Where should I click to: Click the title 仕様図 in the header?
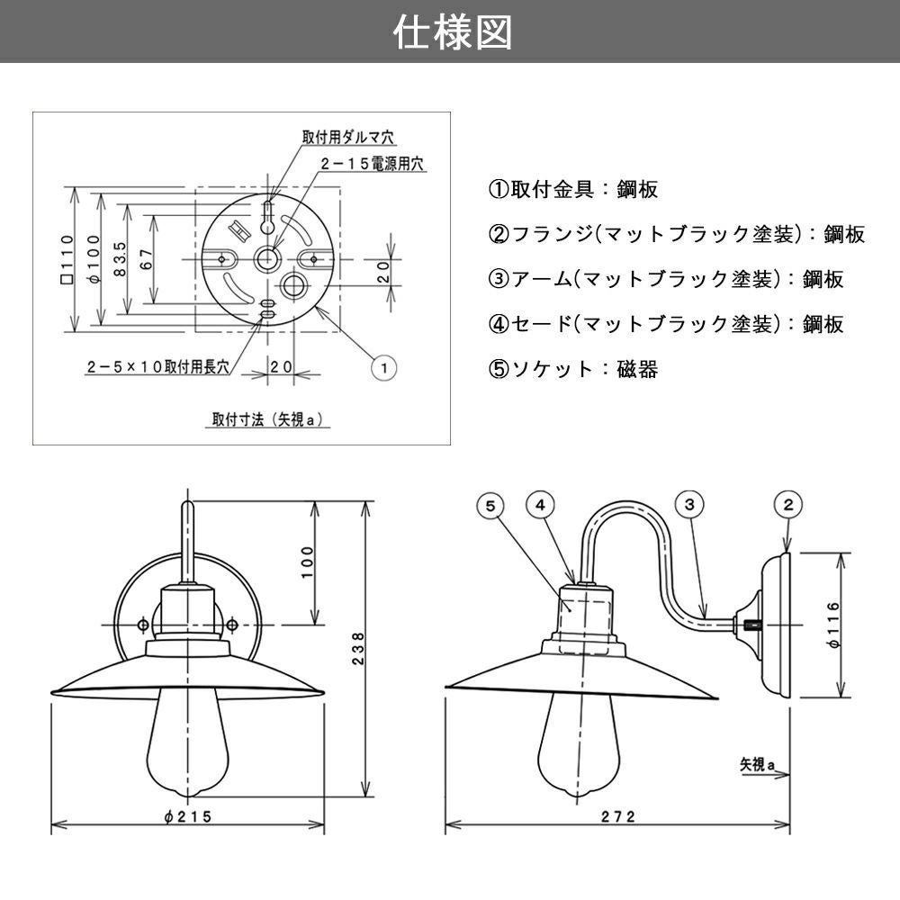coord(453,32)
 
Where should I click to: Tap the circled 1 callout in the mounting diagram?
coord(384,367)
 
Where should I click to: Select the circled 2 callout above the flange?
coord(787,505)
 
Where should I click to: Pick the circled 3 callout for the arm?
coord(688,505)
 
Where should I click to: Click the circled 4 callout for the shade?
coord(539,505)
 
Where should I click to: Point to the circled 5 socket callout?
coord(490,505)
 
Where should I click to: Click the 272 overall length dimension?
coord(618,815)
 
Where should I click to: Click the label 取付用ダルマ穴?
coord(348,138)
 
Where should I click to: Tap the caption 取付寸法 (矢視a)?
coord(267,418)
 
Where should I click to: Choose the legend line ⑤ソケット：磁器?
coord(573,369)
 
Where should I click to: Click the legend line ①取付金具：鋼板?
coord(573,189)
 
